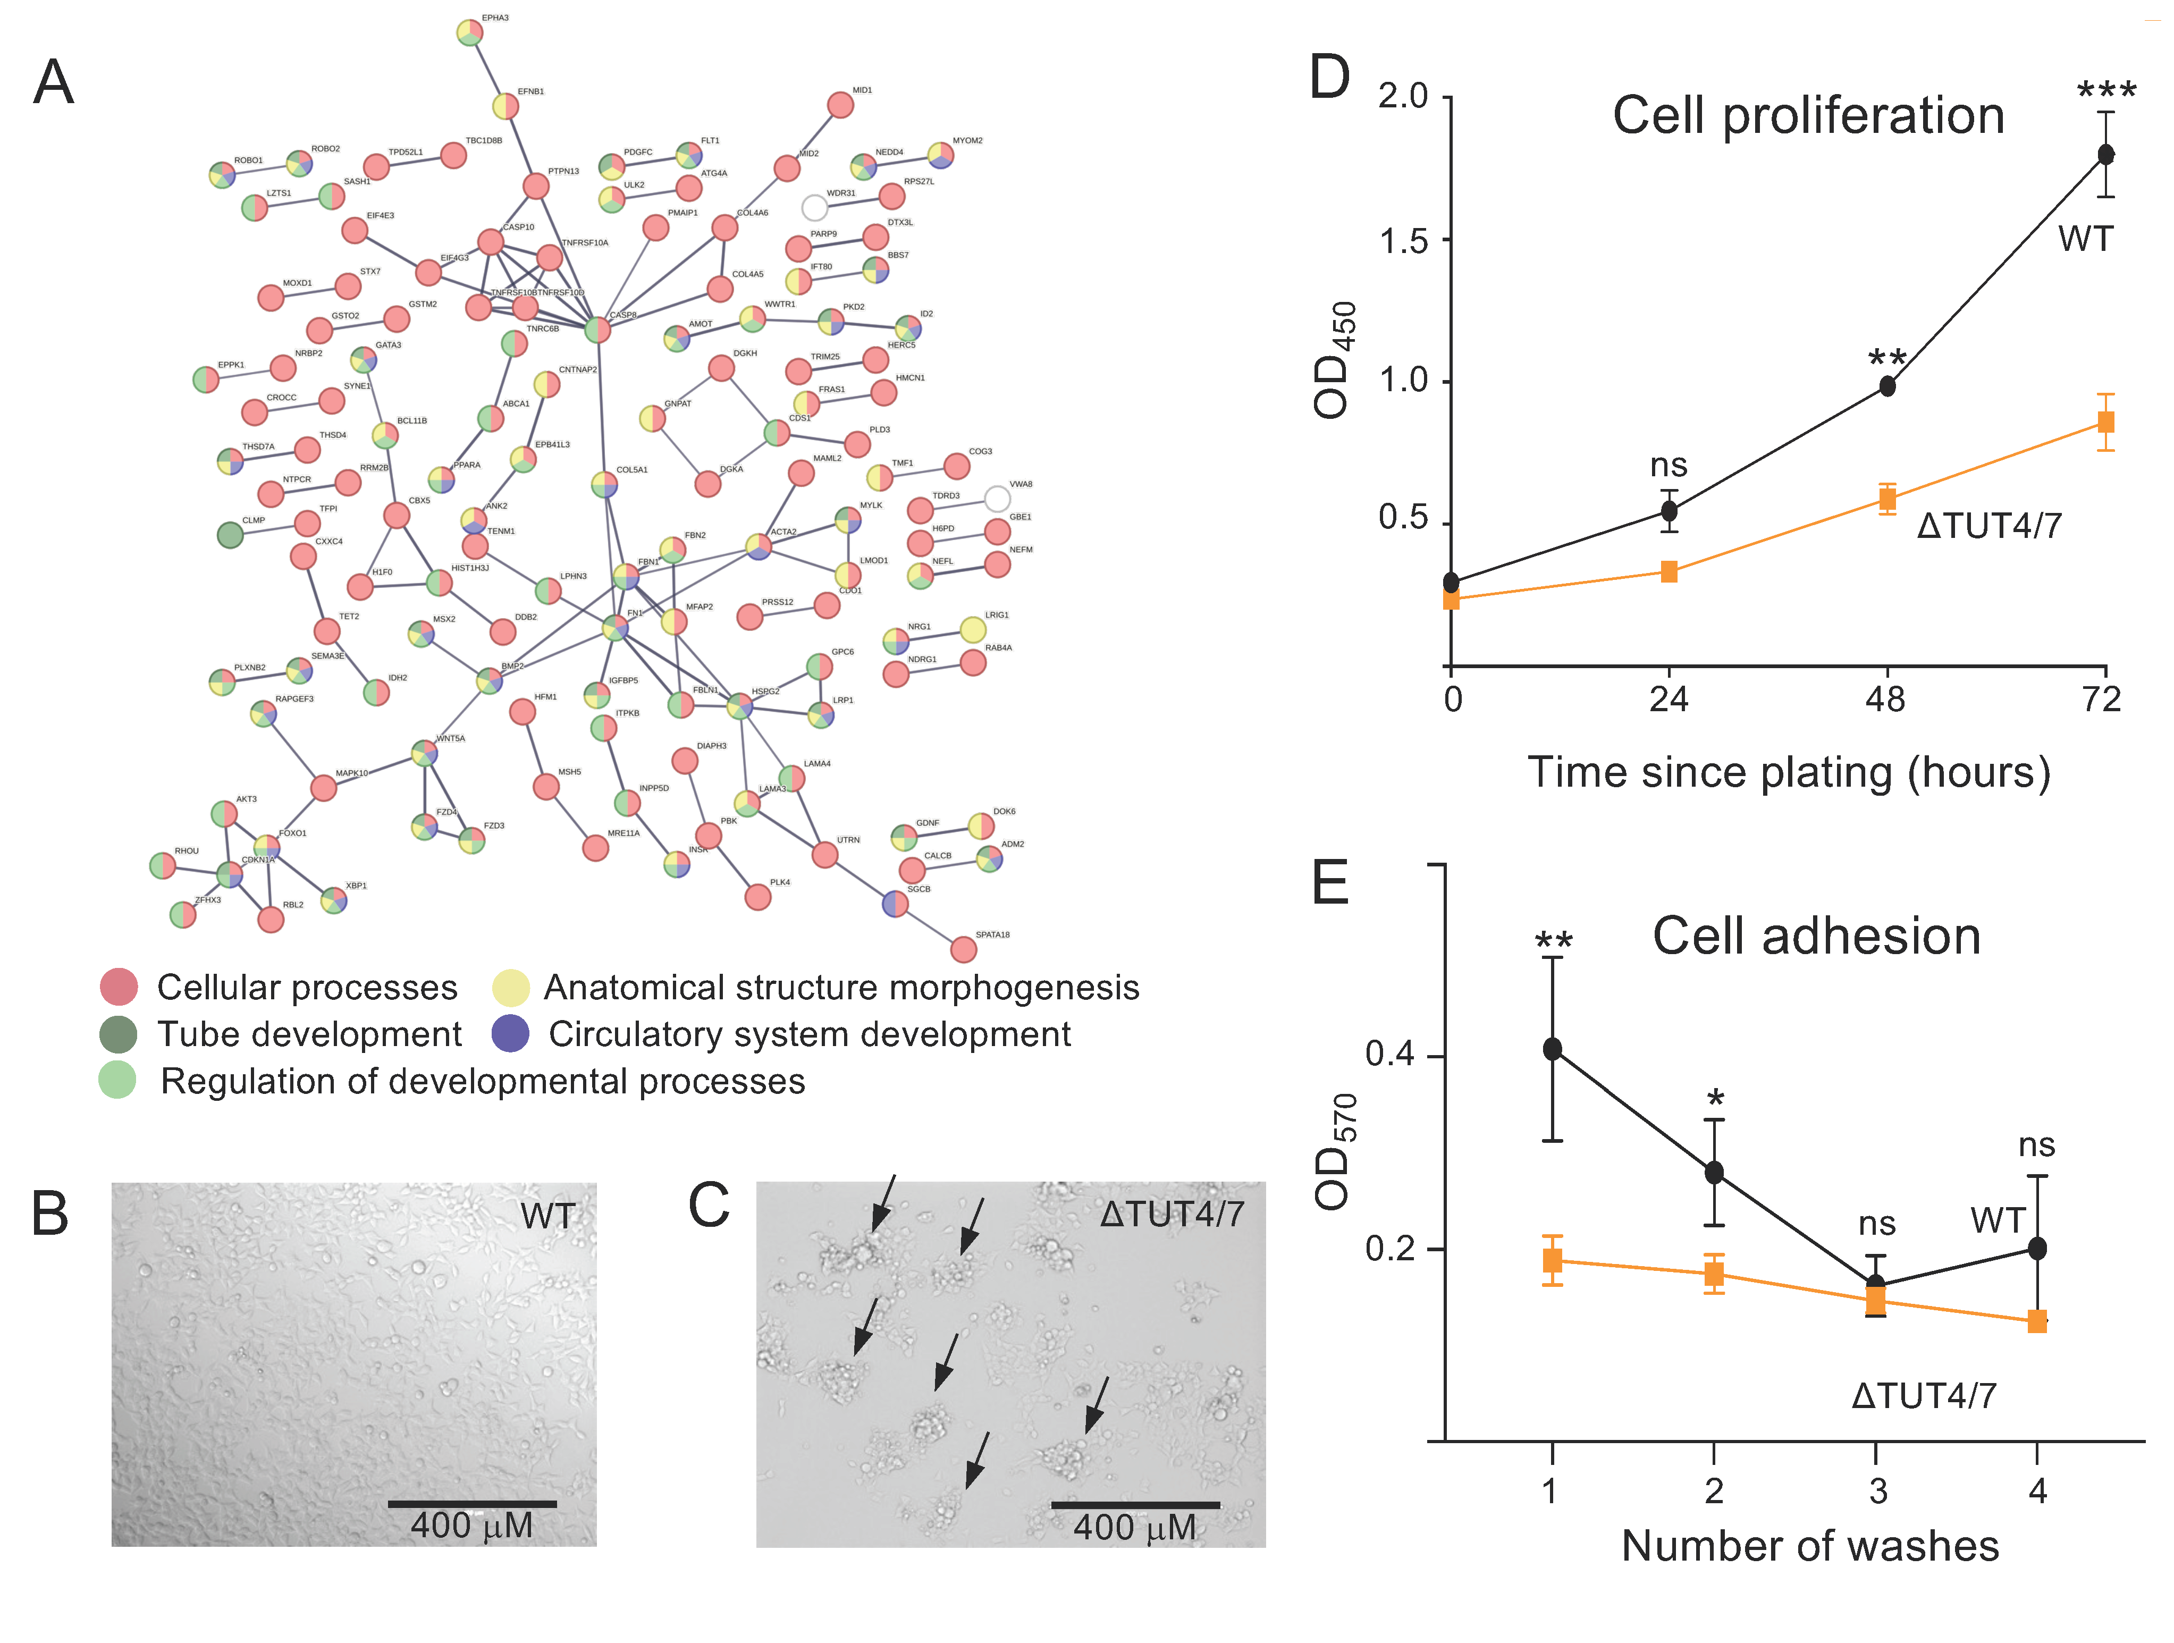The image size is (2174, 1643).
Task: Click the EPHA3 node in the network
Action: (x=470, y=32)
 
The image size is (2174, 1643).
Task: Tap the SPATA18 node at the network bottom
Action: (x=963, y=949)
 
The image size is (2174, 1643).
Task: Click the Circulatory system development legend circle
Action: (x=510, y=1034)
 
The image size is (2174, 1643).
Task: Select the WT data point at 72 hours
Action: (x=2105, y=154)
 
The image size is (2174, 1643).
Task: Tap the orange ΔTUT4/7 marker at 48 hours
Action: (x=1887, y=499)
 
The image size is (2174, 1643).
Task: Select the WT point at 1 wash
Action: (x=1552, y=1049)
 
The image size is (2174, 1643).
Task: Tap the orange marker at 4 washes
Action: (x=2037, y=1321)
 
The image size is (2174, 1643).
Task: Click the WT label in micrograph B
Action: (x=547, y=1217)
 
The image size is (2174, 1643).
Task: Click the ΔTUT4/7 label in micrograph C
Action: (x=1172, y=1215)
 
